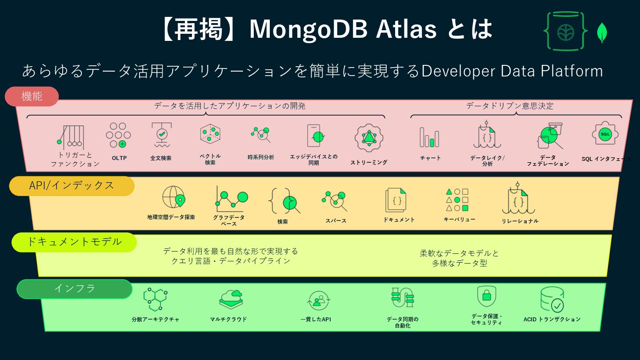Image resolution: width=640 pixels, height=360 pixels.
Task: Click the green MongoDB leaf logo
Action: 603,32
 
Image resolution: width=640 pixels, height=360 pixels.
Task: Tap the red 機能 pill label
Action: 32,96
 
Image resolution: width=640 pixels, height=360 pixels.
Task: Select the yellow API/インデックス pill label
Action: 72,186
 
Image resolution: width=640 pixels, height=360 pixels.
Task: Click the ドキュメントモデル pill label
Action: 74,242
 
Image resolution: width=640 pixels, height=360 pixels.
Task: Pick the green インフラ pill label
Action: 75,288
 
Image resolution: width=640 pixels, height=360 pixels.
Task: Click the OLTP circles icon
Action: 118,135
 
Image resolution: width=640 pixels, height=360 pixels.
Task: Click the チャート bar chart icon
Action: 429,137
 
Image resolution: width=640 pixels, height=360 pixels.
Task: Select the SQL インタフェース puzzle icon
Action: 605,134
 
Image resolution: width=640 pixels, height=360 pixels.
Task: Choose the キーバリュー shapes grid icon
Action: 457,200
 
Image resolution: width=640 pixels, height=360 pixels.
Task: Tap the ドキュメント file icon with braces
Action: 396,200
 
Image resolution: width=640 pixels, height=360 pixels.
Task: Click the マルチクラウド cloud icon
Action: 231,300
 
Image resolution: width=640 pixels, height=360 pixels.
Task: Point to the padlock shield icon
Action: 487,296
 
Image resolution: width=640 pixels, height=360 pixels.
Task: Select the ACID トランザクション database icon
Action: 552,300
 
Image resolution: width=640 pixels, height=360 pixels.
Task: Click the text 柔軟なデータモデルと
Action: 460,253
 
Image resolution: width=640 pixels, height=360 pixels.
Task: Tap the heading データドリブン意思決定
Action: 510,106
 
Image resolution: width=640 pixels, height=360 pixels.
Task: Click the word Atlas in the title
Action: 406,29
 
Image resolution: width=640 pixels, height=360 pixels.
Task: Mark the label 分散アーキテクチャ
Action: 156,320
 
